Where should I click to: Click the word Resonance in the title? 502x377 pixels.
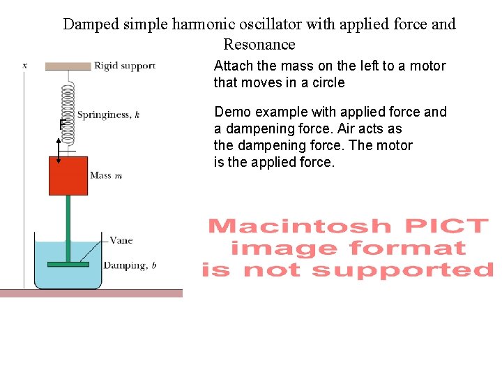[x=259, y=45]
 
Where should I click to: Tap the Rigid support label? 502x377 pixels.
[x=124, y=66]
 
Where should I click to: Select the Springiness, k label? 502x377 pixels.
[x=108, y=115]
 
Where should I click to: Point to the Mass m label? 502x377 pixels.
[x=106, y=175]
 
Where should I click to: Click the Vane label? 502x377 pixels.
[x=121, y=240]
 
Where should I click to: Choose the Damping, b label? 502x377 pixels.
[x=130, y=265]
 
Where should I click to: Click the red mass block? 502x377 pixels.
[x=68, y=175]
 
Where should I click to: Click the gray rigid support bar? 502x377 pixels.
[x=68, y=66]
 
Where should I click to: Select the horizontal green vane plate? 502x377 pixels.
[x=68, y=264]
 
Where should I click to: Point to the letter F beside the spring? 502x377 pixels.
[x=62, y=124]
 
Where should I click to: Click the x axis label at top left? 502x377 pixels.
[x=25, y=66]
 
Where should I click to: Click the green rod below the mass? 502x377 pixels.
[x=68, y=223]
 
